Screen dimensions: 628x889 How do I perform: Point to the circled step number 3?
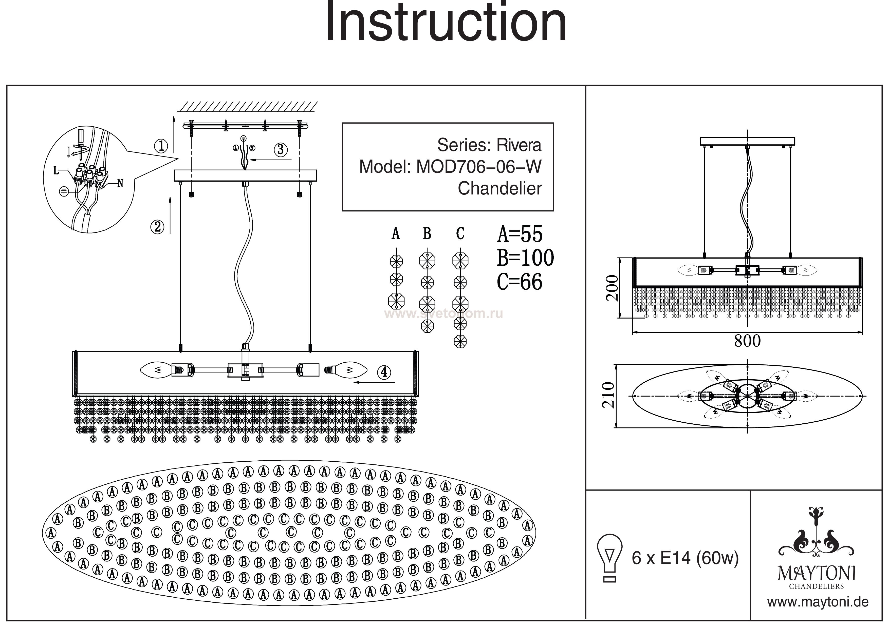(x=281, y=149)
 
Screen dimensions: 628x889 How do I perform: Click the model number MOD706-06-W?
(x=478, y=167)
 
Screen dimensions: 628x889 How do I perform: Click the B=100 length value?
(x=525, y=258)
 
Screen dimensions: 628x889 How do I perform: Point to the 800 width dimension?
(x=747, y=341)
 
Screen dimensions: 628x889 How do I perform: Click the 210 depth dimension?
(x=608, y=395)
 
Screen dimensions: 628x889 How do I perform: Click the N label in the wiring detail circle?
(x=120, y=183)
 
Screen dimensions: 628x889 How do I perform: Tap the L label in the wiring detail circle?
(x=57, y=171)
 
